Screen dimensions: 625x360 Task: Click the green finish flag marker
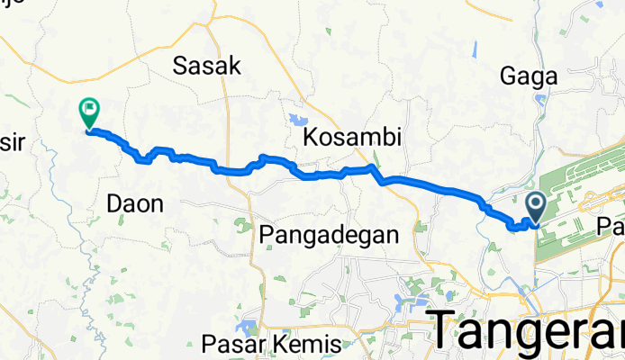pyautogui.click(x=89, y=112)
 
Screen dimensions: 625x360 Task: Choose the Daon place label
pyautogui.click(x=135, y=204)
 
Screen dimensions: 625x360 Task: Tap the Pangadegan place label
pyautogui.click(x=328, y=236)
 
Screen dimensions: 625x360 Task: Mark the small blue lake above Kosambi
pyautogui.click(x=294, y=118)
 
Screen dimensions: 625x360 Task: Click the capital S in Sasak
pyautogui.click(x=180, y=66)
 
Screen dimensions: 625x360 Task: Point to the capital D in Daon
pyautogui.click(x=114, y=204)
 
